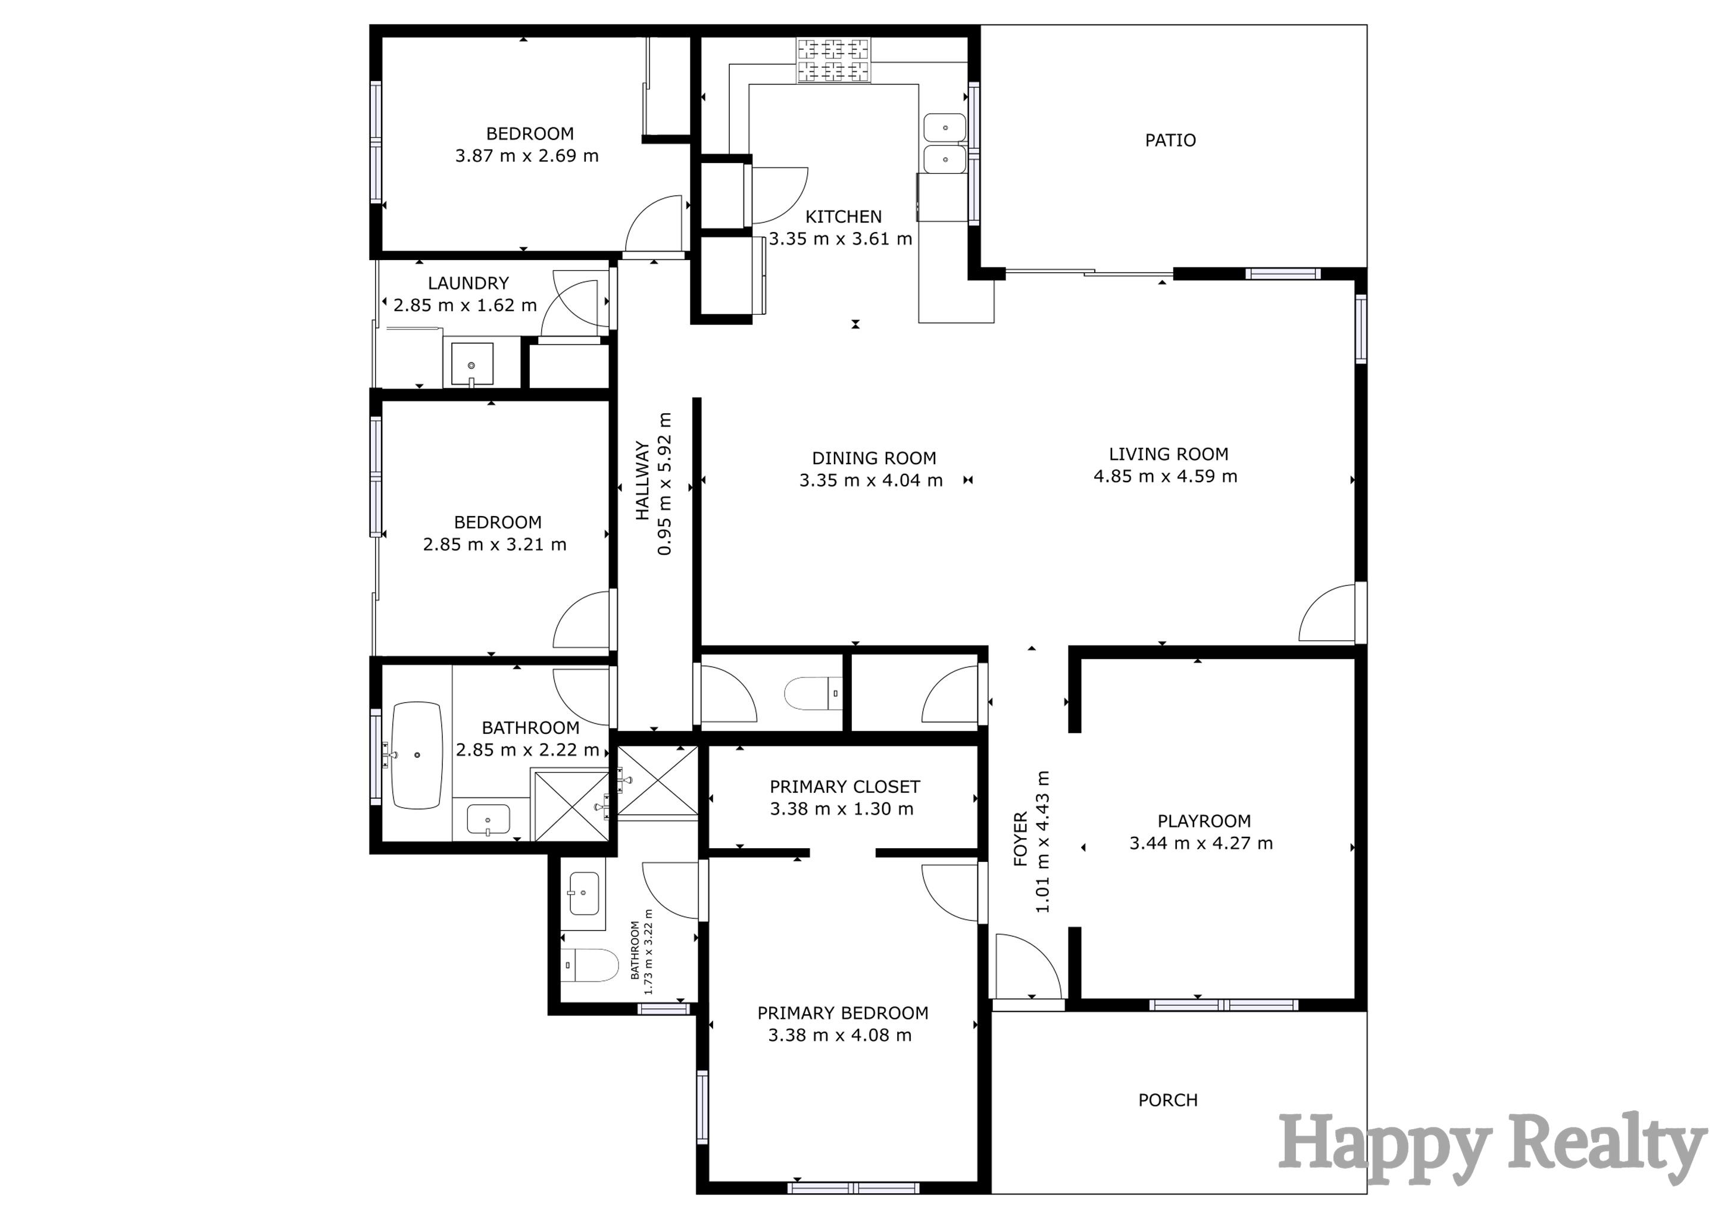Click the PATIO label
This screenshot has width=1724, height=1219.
pos(1170,140)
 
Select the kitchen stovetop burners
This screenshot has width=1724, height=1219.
pos(833,61)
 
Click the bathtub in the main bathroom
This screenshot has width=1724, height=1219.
pos(417,755)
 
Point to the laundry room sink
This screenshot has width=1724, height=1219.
pos(471,365)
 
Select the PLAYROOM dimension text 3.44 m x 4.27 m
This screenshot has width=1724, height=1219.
pos(1201,843)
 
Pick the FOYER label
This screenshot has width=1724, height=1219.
pos(1020,839)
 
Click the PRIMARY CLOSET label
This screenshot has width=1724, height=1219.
pos(844,787)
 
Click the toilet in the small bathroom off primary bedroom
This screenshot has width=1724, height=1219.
pos(589,966)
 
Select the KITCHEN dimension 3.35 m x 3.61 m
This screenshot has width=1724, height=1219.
pos(840,239)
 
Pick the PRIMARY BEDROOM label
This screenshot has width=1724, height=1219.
pos(842,1013)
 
